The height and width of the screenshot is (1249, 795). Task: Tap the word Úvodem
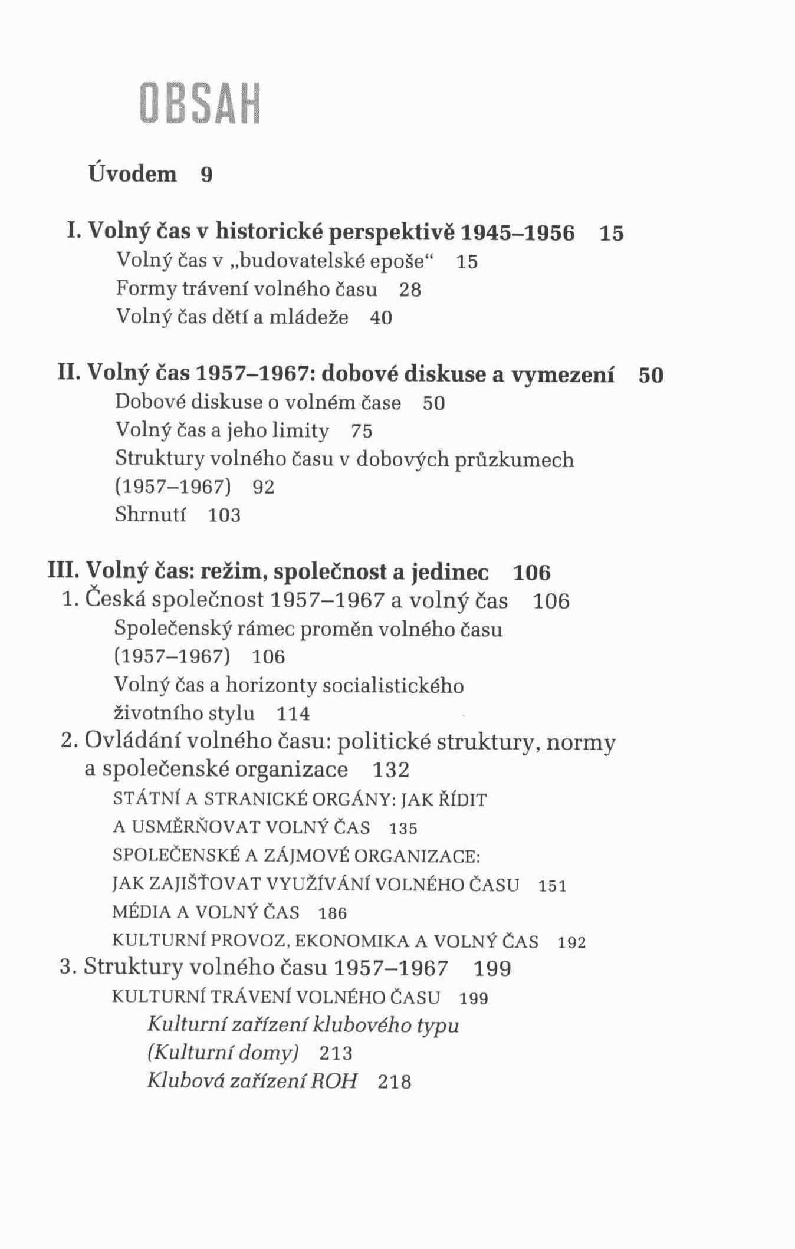point(133,174)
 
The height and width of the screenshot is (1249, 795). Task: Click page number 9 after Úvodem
point(206,175)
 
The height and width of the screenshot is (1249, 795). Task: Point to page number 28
point(410,290)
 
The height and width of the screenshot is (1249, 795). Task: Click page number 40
point(381,318)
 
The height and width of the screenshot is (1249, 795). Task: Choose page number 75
point(362,431)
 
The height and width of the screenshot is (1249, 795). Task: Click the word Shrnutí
point(150,515)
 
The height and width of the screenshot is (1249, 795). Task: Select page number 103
point(225,515)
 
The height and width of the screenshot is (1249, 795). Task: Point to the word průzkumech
point(514,459)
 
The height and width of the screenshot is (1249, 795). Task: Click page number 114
point(293,714)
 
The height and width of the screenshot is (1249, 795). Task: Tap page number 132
point(391,770)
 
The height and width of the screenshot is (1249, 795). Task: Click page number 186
point(333,913)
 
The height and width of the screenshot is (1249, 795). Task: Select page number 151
point(553,886)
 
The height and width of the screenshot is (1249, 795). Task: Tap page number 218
point(395,1082)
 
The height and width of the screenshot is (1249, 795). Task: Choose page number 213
point(336,1053)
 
